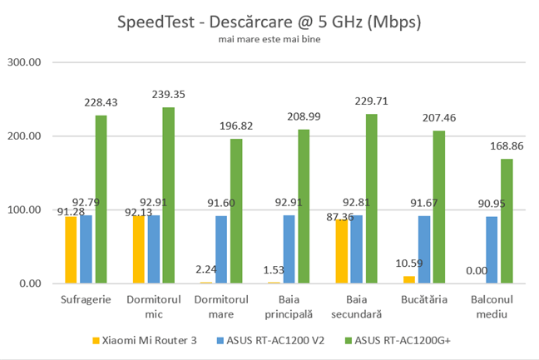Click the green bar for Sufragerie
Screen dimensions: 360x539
[101, 200]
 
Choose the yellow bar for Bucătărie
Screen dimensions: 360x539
[409, 279]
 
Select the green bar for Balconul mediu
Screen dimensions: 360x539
[507, 221]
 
